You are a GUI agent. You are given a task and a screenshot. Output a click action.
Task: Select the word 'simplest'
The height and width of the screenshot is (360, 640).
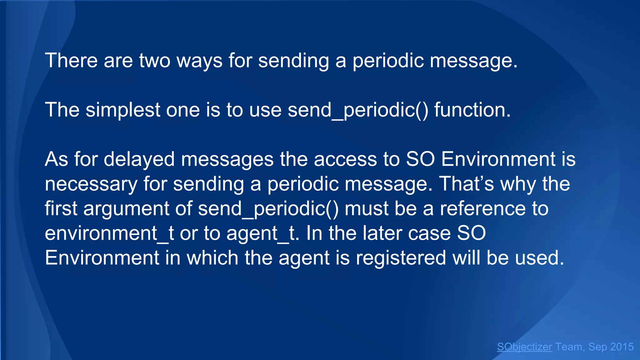(x=123, y=110)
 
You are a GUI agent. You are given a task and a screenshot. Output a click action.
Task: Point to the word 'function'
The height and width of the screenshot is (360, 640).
(x=468, y=110)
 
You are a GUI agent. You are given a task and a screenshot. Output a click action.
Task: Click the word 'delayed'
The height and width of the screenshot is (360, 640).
(x=139, y=159)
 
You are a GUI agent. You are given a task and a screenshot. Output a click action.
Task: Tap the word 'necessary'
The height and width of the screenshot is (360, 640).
(x=91, y=184)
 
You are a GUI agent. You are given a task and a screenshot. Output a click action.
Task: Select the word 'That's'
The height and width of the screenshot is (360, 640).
(x=467, y=184)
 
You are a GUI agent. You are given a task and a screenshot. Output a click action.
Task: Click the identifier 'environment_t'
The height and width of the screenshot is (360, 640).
(x=109, y=233)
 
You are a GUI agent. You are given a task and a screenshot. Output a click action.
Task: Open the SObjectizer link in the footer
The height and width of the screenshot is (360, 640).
(x=524, y=347)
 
